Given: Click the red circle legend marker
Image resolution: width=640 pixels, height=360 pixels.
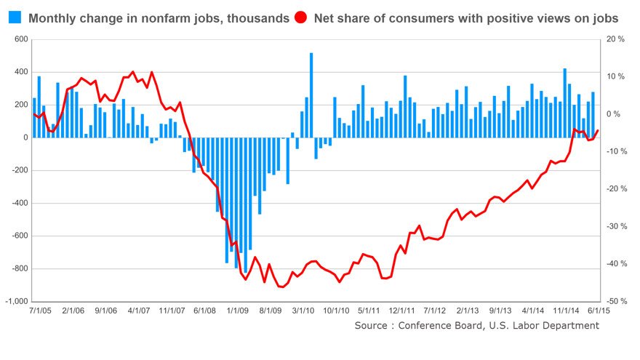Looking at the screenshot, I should [300, 17].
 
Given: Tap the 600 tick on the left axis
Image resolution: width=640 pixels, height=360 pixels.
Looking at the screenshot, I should [20, 39].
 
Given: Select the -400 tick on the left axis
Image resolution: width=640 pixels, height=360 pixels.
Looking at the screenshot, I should [17, 203].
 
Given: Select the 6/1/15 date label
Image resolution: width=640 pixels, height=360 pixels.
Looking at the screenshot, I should [598, 310].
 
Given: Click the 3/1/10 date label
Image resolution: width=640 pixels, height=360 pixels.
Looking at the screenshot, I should [307, 310].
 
